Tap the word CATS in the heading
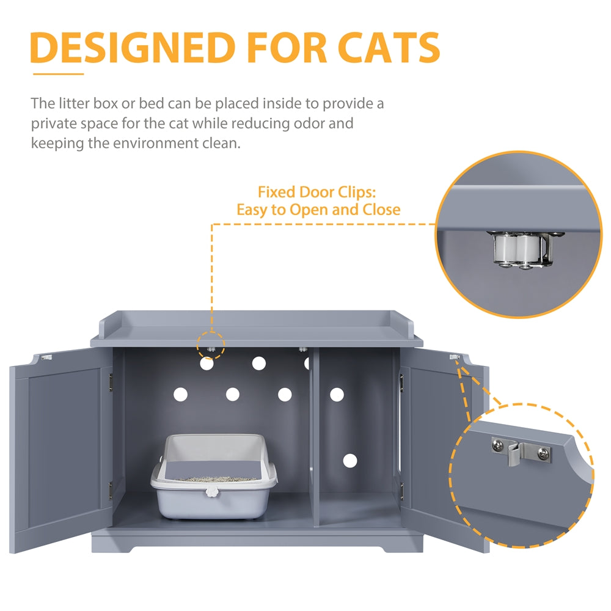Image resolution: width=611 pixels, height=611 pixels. pos(387,48)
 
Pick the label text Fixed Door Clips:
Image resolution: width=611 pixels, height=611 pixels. pos(316,192)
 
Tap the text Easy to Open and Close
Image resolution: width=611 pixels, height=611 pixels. pos(318,210)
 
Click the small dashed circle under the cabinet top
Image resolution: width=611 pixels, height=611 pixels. pos(211,346)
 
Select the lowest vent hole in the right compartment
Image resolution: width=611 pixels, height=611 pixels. pos(349,461)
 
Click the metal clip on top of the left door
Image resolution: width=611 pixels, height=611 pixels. pos(46,354)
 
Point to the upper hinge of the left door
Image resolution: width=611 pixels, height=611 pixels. pos(111,381)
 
